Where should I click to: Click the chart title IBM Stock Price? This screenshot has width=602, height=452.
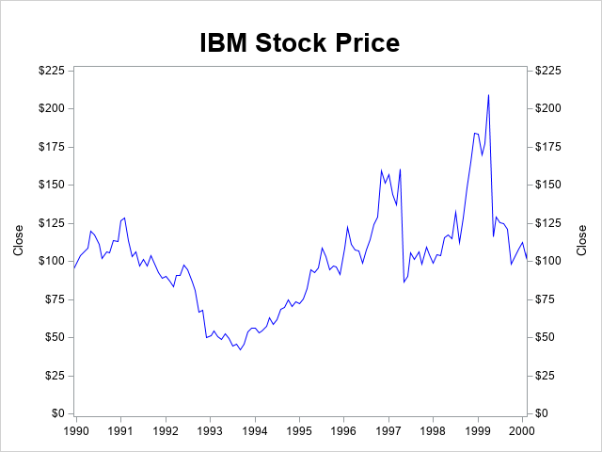[299, 43]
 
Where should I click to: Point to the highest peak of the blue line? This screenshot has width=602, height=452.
[489, 94]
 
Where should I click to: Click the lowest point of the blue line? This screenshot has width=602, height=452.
[240, 350]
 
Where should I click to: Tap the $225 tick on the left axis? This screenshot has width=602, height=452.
[51, 71]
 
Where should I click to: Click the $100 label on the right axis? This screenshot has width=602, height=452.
[549, 261]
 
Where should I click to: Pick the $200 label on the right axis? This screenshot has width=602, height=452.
[549, 108]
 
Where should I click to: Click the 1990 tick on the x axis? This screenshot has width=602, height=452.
[75, 430]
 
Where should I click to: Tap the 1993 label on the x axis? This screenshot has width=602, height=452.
[210, 430]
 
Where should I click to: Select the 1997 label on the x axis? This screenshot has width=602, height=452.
[388, 430]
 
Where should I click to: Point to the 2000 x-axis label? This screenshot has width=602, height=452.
[522, 430]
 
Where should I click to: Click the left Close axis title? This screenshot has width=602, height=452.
[19, 240]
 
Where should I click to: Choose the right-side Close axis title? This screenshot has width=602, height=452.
[582, 240]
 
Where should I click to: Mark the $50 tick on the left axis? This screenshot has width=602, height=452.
[55, 337]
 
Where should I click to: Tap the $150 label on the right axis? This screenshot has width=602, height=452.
[549, 185]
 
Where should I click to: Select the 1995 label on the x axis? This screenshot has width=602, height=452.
[299, 430]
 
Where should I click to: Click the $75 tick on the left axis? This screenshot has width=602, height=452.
[55, 299]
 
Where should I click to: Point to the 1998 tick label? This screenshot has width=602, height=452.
[433, 430]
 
